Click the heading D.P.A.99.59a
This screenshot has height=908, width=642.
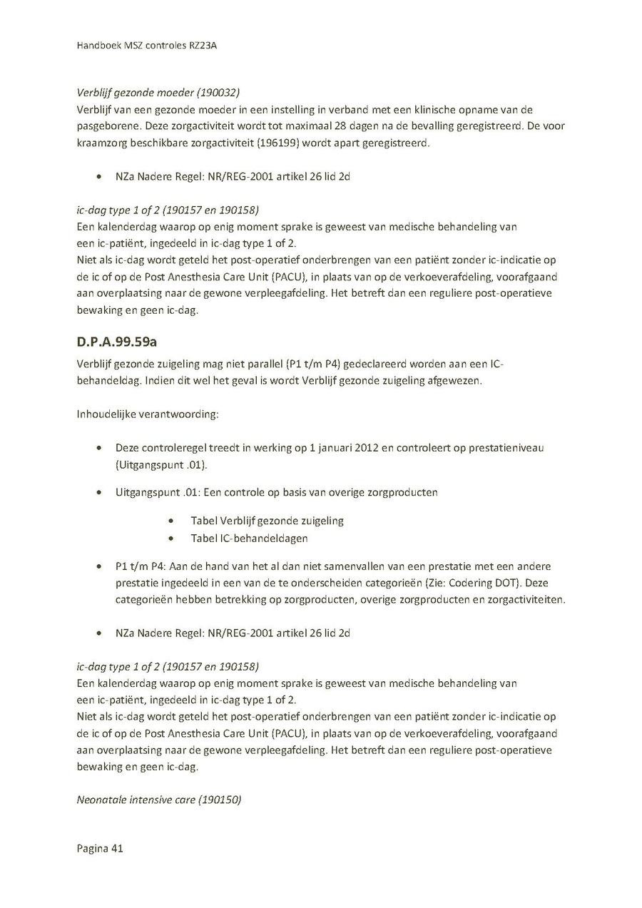[117, 341]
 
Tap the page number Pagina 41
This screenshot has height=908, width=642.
[100, 849]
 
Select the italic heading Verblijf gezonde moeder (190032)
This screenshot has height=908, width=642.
[158, 92]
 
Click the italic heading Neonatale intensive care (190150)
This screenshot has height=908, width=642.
[159, 800]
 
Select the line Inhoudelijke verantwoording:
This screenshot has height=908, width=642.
[148, 414]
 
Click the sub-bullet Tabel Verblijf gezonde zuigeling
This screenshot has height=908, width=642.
[267, 521]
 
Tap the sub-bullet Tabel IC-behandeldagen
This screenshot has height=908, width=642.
[249, 539]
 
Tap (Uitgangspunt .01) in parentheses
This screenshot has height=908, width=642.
[161, 466]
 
